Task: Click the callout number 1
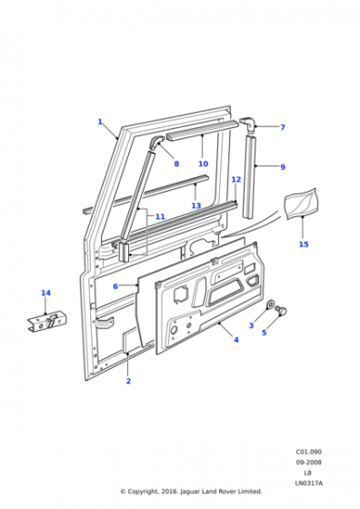[100, 122]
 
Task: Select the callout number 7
[283, 127]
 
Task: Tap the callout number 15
[304, 244]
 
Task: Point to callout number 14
[45, 293]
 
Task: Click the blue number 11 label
[160, 216]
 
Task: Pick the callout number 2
[128, 381]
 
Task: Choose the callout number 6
[115, 286]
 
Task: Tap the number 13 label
[196, 205]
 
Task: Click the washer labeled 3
[270, 304]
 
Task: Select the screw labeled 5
[281, 310]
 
